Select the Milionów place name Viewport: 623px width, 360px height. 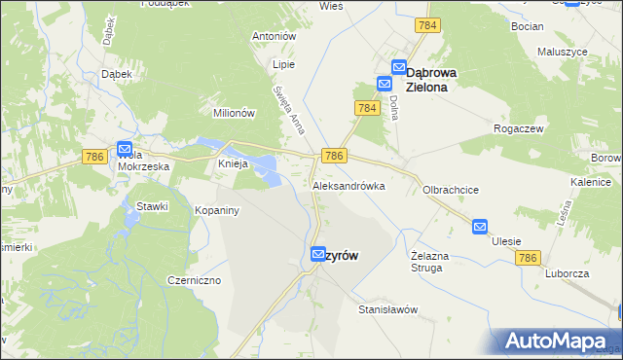pos(234,113)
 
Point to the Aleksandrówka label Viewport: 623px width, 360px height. pos(348,185)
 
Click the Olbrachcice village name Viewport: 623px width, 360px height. pos(450,191)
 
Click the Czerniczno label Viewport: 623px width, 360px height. pos(193,280)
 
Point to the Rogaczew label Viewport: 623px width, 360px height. pos(518,126)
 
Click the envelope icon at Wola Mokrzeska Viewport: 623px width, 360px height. pos(125,149)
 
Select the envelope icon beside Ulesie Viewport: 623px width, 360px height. pos(480,227)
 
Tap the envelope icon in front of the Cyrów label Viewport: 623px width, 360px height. pos(317,254)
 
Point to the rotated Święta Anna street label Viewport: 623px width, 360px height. pos(289,112)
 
